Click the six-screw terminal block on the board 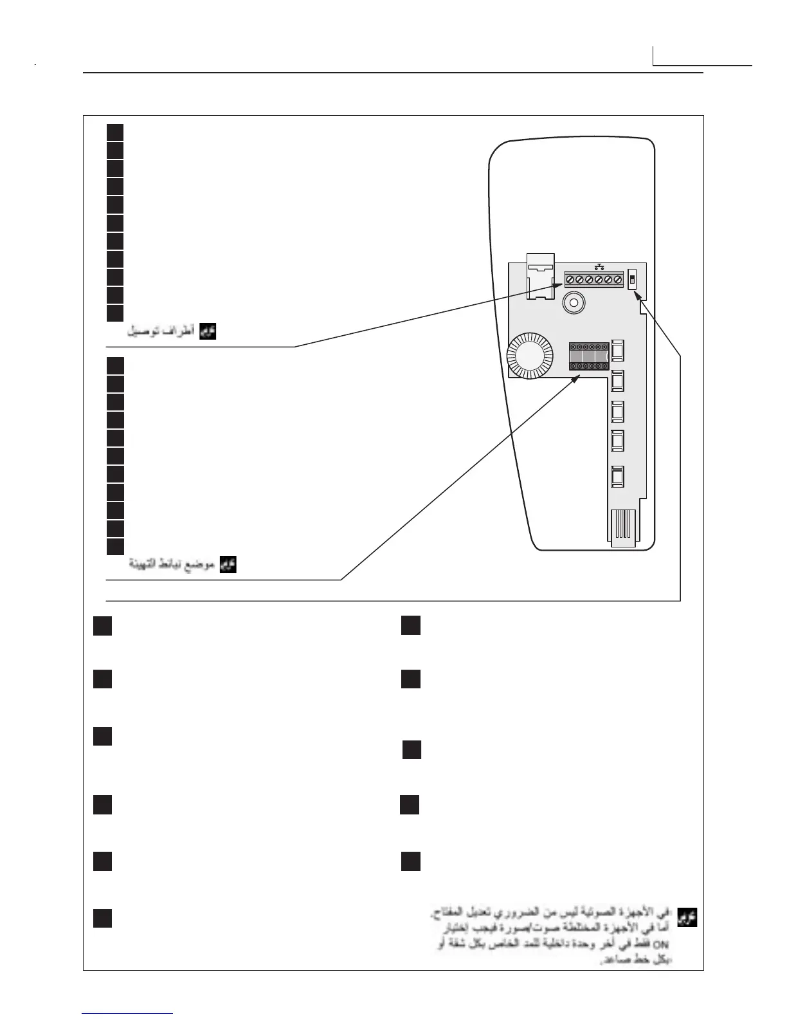tap(593, 280)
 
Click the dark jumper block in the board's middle tap(588, 356)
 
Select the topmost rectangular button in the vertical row tap(617, 351)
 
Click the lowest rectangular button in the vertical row tap(617, 477)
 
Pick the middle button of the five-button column tap(617, 411)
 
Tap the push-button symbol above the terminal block tap(599, 266)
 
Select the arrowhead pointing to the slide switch tap(638, 295)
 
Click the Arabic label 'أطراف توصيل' tap(161, 332)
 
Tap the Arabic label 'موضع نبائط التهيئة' tap(173, 565)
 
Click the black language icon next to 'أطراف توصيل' tap(208, 332)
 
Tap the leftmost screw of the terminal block tap(570, 280)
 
